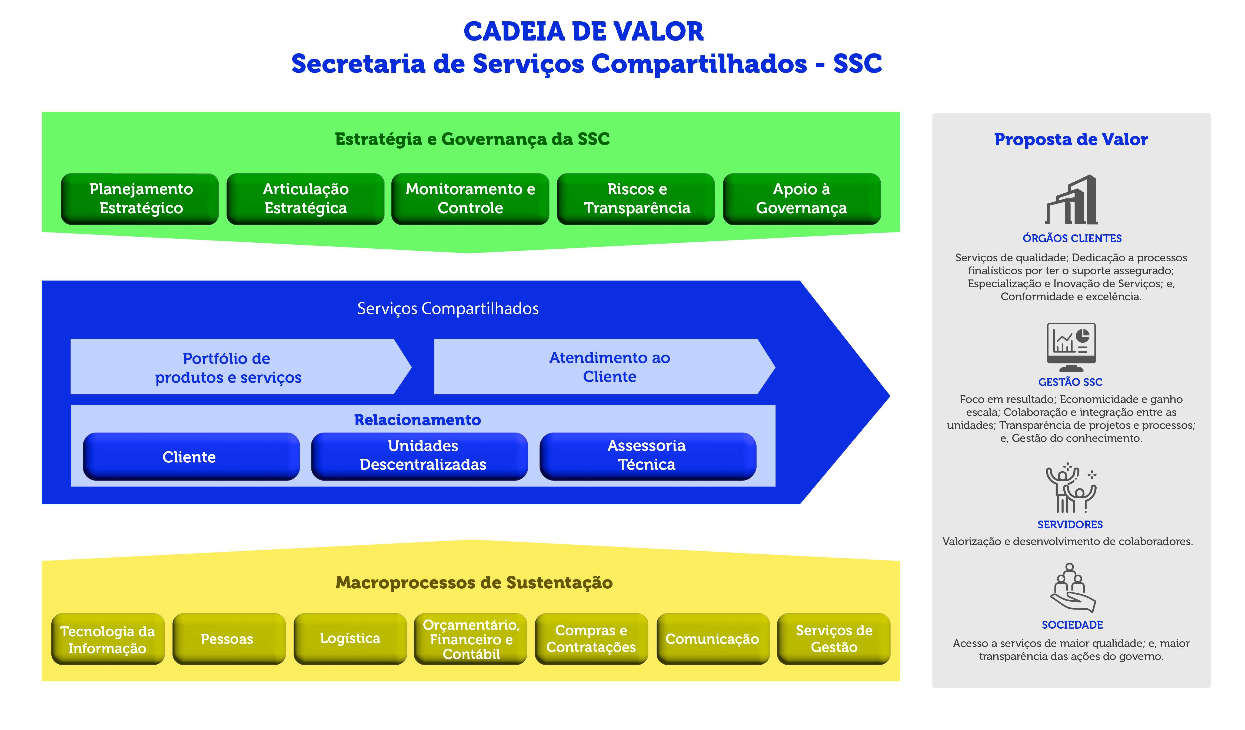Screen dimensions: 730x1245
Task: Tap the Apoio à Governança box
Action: pyautogui.click(x=801, y=199)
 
